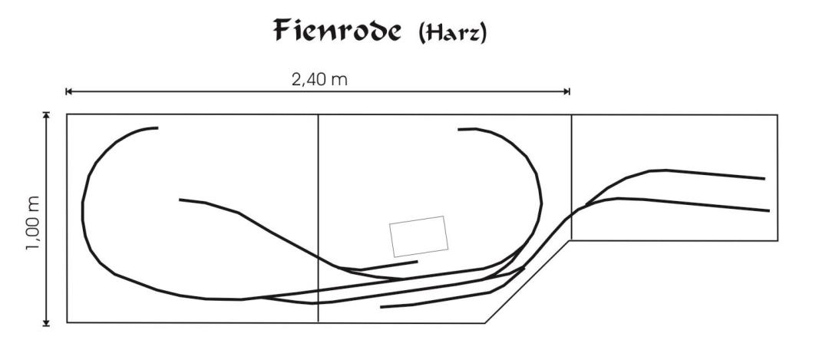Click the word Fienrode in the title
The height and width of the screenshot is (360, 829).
pyautogui.click(x=337, y=30)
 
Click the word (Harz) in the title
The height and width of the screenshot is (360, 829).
pyautogui.click(x=452, y=33)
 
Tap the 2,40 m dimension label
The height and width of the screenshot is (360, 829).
pyautogui.click(x=319, y=80)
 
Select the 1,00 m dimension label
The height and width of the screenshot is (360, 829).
pyautogui.click(x=33, y=223)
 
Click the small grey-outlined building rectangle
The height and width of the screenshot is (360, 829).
pyautogui.click(x=419, y=236)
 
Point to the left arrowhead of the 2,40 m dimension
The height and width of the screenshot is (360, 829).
pyautogui.click(x=68, y=91)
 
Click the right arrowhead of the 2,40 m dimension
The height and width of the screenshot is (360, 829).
pyautogui.click(x=567, y=91)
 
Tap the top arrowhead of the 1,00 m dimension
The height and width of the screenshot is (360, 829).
pyautogui.click(x=47, y=114)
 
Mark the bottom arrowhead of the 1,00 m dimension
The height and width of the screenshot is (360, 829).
pyautogui.click(x=47, y=323)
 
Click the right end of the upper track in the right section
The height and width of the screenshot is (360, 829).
pyautogui.click(x=765, y=179)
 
